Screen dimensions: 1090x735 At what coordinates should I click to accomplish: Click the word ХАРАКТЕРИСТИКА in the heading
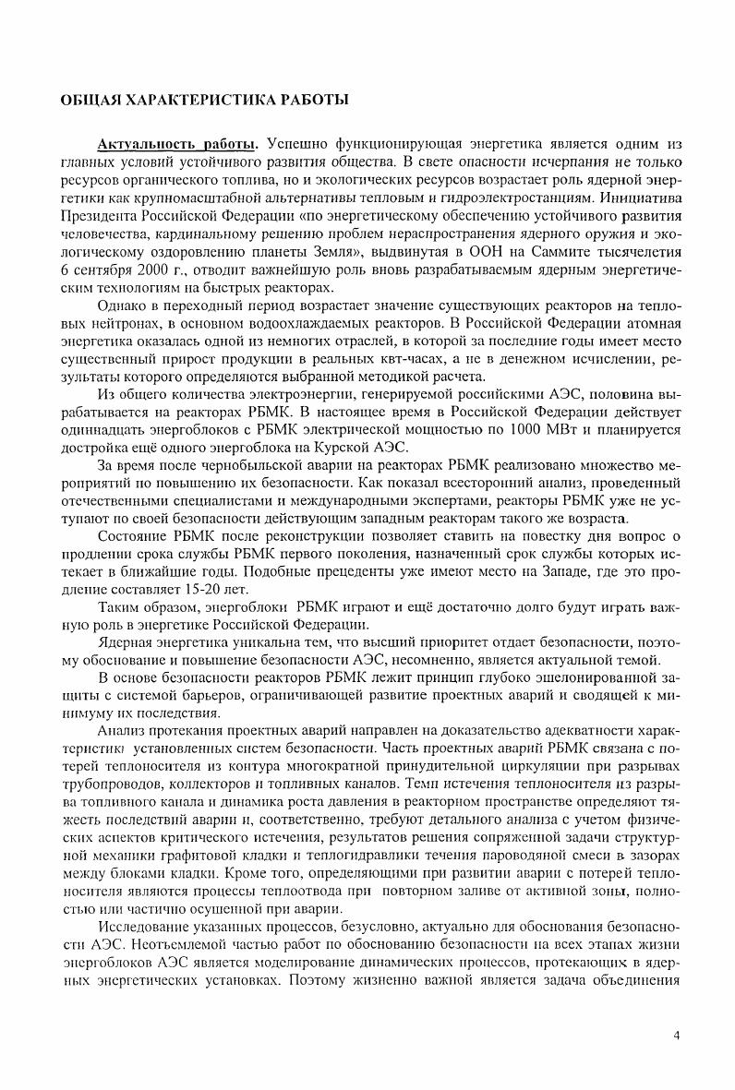click(182, 99)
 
